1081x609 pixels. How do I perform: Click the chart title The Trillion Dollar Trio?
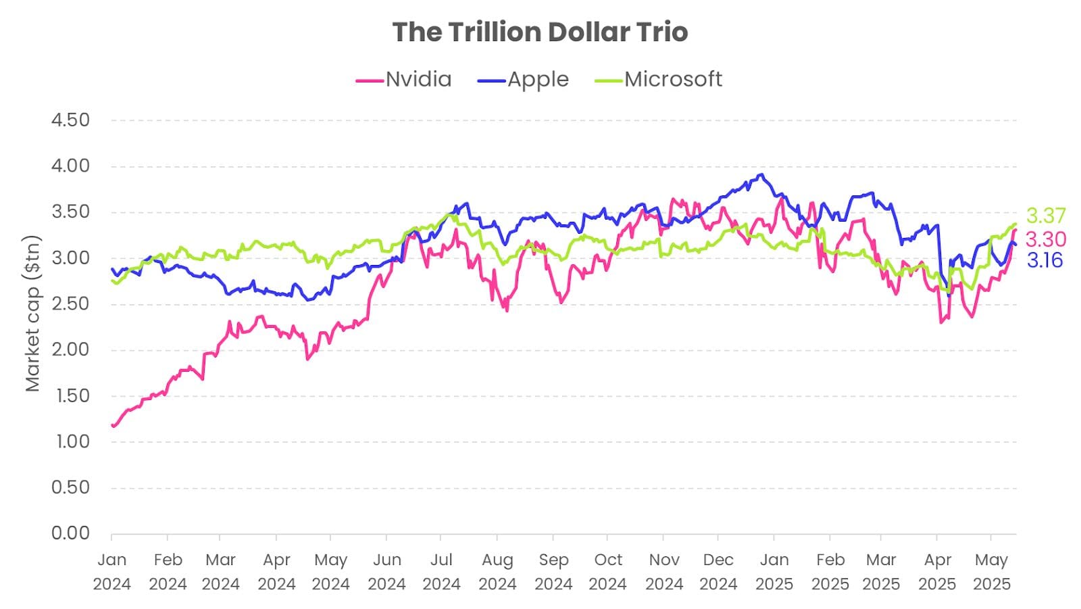tap(540, 32)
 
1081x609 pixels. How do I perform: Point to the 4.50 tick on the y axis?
tap(70, 120)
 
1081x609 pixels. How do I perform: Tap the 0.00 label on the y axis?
tap(70, 533)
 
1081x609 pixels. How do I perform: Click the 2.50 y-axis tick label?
tap(70, 303)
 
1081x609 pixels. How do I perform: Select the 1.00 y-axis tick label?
tap(70, 441)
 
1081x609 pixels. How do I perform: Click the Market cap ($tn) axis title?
tap(32, 313)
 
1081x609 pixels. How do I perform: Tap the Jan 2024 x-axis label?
tap(111, 572)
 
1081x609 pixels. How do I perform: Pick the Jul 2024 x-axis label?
tap(441, 572)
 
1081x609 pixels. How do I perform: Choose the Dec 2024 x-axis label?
tap(718, 572)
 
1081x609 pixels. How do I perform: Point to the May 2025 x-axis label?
tap(991, 572)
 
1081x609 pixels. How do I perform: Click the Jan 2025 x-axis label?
tap(774, 572)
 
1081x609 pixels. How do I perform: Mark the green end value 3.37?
tap(1046, 216)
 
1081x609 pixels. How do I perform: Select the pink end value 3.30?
tap(1046, 239)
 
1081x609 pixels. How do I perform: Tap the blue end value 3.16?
tap(1045, 260)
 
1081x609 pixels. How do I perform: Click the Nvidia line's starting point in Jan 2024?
tap(113, 426)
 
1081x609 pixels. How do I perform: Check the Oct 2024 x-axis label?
tap(608, 572)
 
